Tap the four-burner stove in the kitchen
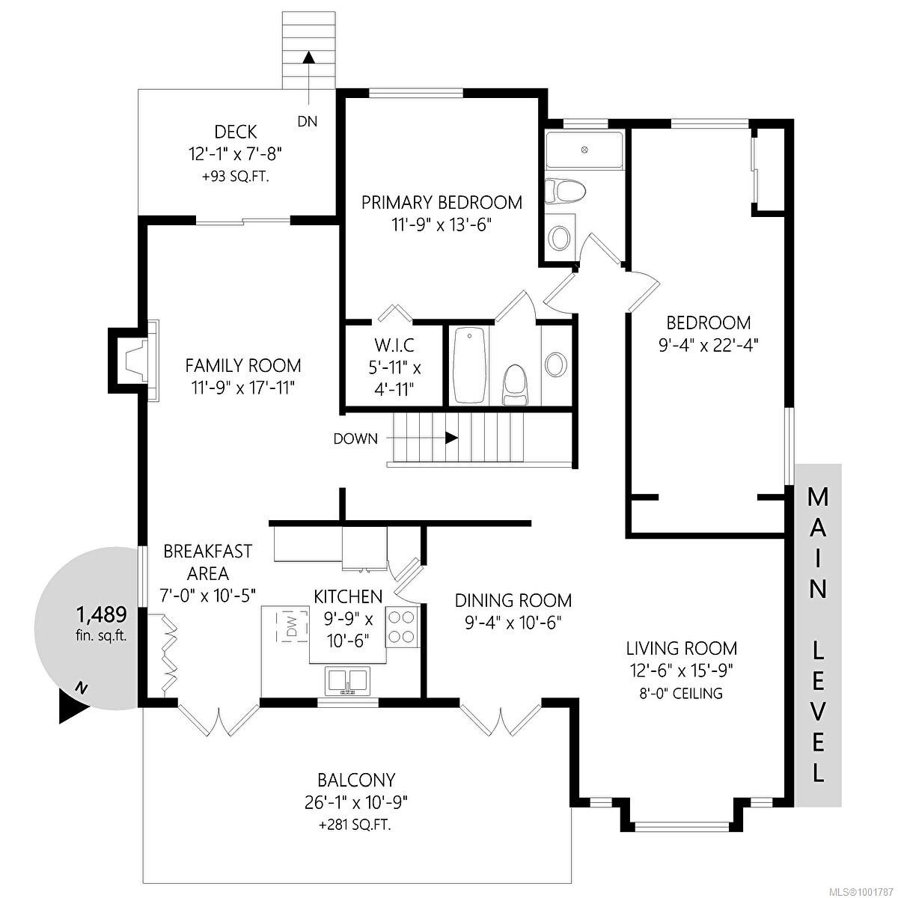tap(402, 627)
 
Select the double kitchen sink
tap(346, 682)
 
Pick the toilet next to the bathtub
tap(514, 382)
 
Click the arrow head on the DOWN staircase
tap(452, 439)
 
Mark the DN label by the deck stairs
tap(307, 121)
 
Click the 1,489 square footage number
tap(101, 615)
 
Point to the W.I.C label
tap(394, 346)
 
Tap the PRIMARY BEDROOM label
tap(442, 202)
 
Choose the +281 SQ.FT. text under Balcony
tap(355, 825)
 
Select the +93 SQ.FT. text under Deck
tap(235, 177)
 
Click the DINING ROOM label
tap(513, 600)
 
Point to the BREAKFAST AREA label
tap(207, 562)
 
